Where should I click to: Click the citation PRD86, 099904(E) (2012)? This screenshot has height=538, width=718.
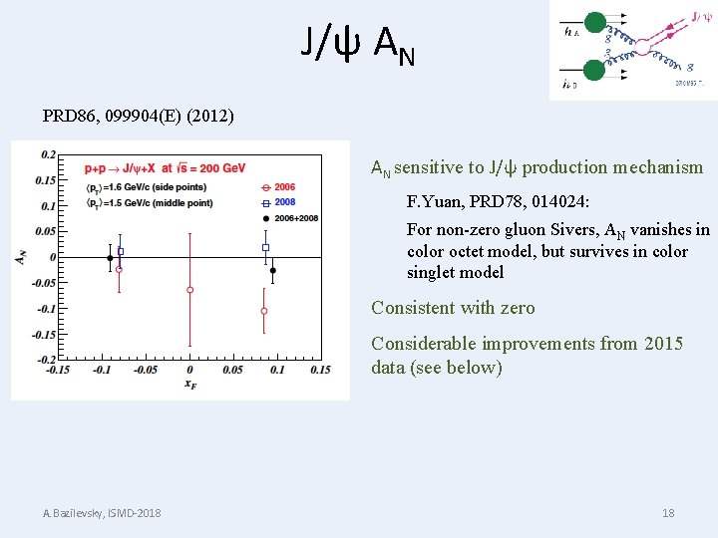(x=139, y=116)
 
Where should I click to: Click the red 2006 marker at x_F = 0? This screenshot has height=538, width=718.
(x=189, y=290)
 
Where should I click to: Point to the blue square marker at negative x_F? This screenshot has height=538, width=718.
(x=121, y=251)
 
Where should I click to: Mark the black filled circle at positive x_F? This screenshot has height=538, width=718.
(x=273, y=270)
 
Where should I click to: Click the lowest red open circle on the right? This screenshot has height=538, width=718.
(x=264, y=311)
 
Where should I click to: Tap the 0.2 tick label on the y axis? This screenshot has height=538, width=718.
(x=48, y=154)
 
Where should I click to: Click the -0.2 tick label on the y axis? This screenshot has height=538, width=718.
(x=46, y=359)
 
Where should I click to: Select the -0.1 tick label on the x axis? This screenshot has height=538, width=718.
(x=102, y=371)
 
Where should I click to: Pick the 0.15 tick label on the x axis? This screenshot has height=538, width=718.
(x=319, y=371)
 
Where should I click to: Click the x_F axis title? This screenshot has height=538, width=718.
(x=189, y=384)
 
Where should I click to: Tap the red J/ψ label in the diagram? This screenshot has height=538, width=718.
(x=701, y=16)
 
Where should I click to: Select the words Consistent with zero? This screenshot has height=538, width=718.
(x=453, y=308)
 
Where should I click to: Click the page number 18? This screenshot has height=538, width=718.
(x=668, y=512)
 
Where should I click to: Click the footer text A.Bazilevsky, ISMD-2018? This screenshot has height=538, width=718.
(x=102, y=512)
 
